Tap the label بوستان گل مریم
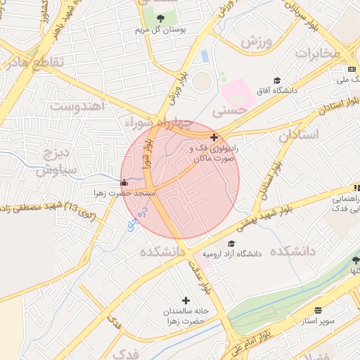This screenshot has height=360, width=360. (162, 31)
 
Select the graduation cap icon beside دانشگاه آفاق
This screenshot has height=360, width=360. (277, 81)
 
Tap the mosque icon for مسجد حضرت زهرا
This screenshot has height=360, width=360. (124, 183)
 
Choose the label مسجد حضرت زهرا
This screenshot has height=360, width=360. (125, 193)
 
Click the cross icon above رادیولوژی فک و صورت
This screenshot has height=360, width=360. (214, 137)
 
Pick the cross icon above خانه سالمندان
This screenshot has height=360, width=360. (186, 300)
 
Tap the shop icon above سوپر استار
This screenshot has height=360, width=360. (318, 310)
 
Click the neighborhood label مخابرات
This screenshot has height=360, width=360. (317, 53)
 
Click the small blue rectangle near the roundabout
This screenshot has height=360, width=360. (205, 56)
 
